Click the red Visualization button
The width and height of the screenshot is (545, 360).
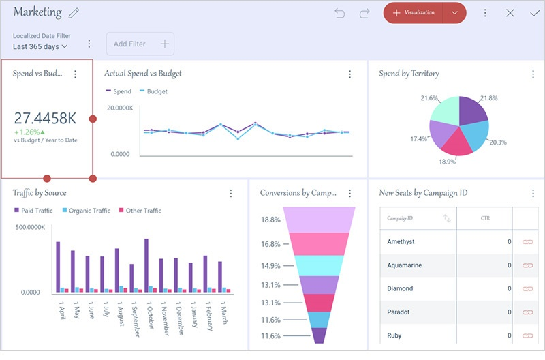(414, 13)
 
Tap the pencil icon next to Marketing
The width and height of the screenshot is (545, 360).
(74, 13)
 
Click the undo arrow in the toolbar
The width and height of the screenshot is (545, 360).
(340, 13)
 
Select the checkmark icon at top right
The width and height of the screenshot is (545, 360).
(534, 13)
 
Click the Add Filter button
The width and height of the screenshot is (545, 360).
(140, 44)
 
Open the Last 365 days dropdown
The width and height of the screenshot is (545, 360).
(40, 46)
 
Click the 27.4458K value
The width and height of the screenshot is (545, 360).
(46, 118)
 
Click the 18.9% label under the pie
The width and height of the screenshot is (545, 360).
(447, 162)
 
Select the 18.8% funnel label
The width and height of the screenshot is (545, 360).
(270, 220)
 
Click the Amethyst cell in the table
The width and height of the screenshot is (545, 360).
(401, 242)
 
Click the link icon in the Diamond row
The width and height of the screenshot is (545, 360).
(527, 288)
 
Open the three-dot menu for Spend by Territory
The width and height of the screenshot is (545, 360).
(533, 74)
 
